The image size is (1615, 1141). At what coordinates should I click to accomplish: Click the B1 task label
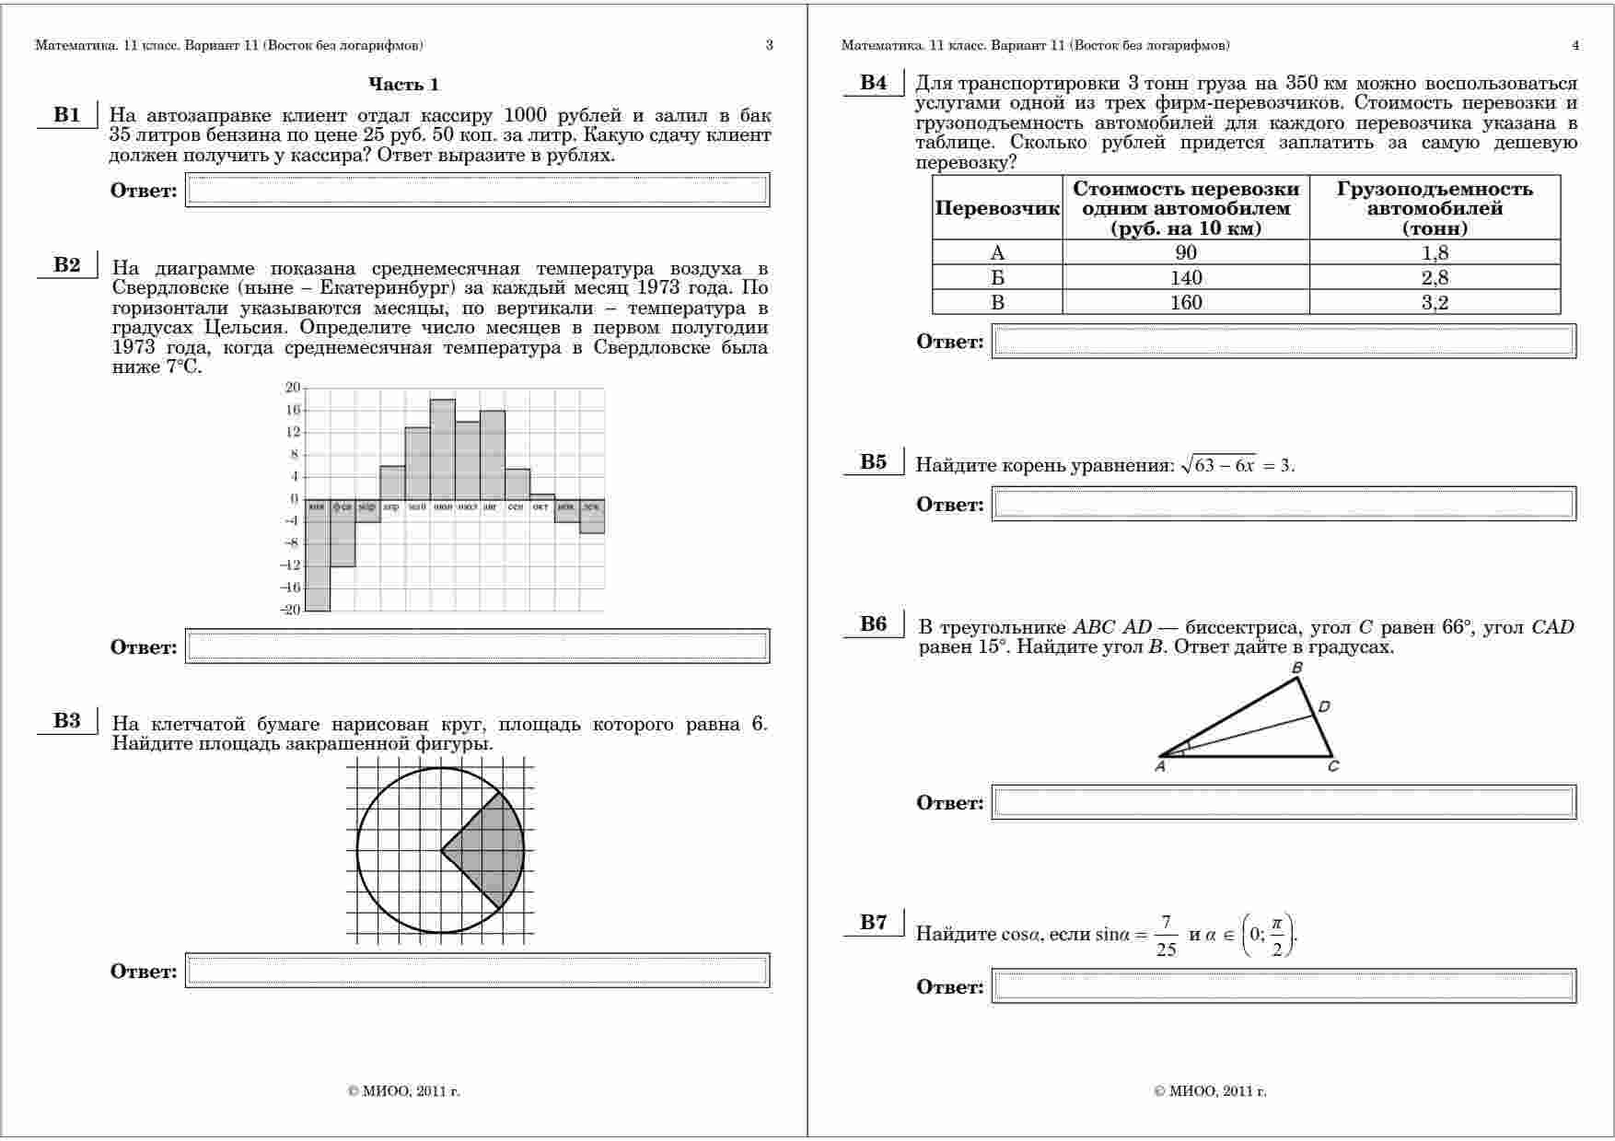coord(67,115)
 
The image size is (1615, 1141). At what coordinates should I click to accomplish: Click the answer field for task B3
coord(477,971)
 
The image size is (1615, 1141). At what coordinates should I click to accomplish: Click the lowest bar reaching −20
coord(318,554)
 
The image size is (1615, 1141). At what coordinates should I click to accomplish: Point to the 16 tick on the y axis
coord(293,410)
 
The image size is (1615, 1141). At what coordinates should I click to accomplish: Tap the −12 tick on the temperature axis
coord(291,565)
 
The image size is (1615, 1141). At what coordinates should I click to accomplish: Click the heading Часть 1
coord(403,85)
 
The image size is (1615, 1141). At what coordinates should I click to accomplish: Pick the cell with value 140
coord(1186,278)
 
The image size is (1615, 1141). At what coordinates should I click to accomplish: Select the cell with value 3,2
coord(1435,303)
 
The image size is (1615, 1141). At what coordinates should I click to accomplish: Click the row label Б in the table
coord(997,278)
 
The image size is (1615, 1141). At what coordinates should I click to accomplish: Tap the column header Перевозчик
coord(997,208)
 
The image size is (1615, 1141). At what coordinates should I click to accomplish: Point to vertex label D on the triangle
coord(1324,707)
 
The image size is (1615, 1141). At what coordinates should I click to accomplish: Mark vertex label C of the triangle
coord(1333,766)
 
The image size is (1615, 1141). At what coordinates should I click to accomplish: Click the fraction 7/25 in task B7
coord(1166,936)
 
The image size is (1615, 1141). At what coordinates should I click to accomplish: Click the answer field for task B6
coord(1284,802)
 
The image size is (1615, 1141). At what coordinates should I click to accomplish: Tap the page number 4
coord(1575,45)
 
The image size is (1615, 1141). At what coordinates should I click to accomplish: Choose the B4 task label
coord(874,83)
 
